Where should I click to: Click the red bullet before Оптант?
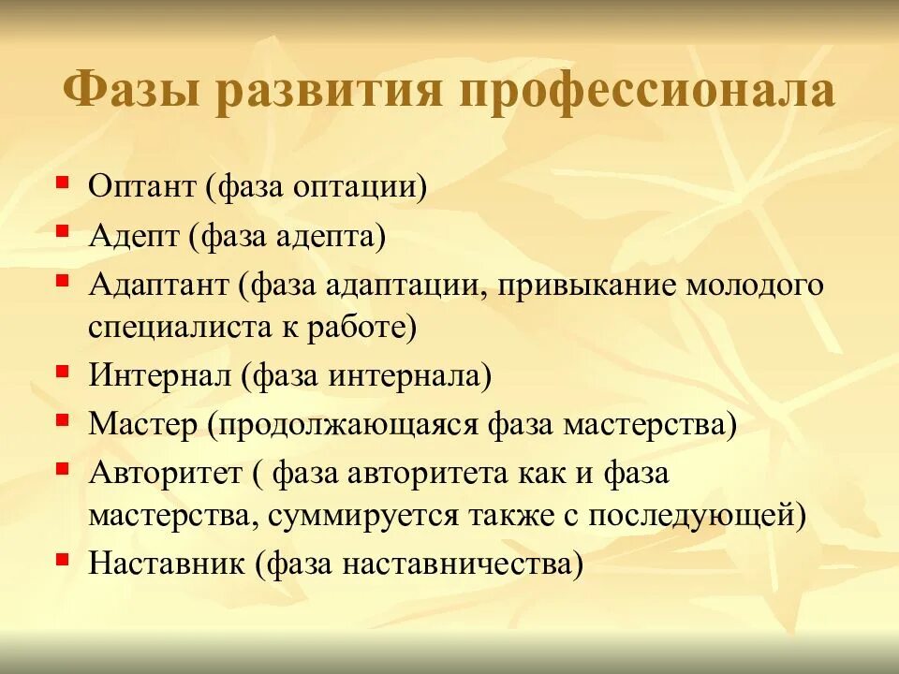62,180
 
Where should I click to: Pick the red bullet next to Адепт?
62,228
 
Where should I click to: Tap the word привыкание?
582,284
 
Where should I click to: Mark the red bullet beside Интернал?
62,370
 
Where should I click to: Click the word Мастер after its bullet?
142,424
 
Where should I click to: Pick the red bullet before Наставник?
62,559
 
